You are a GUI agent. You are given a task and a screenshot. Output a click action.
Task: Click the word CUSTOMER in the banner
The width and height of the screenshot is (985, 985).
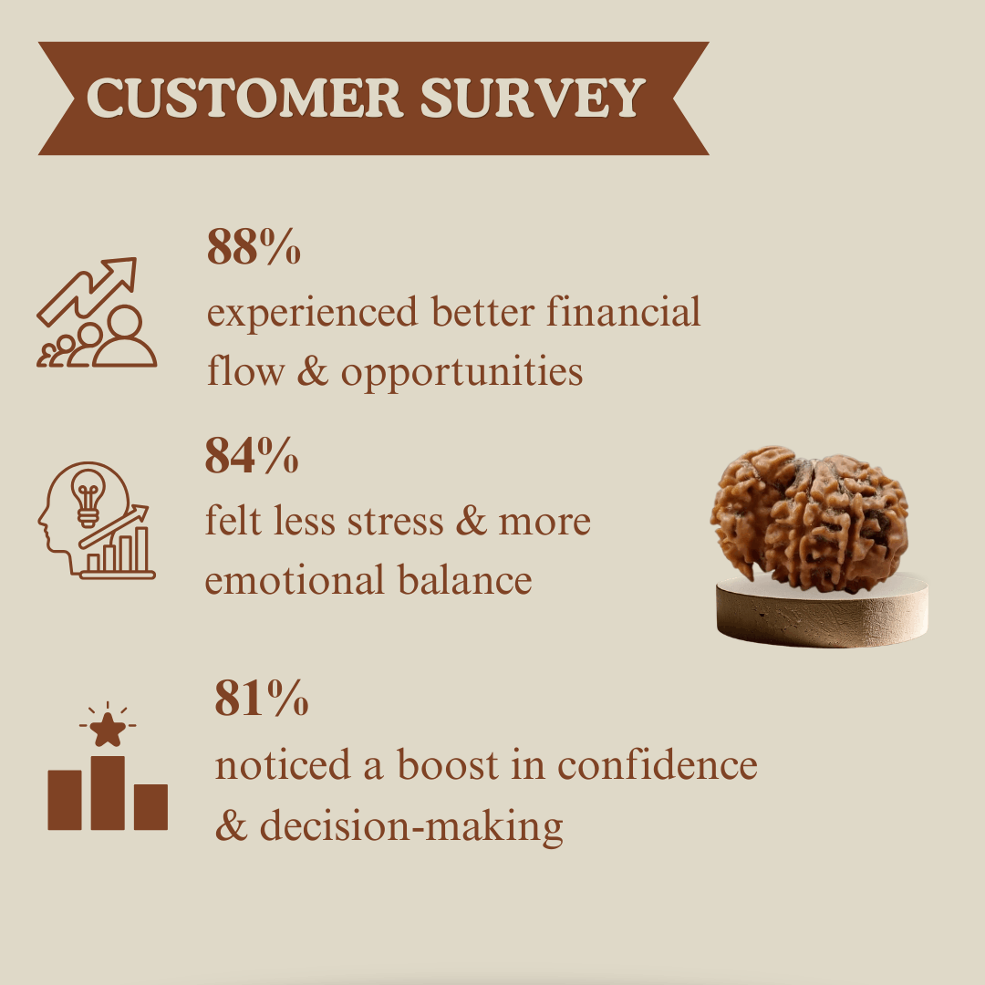point(245,98)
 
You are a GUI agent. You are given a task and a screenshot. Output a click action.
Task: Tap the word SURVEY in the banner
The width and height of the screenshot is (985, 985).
point(533,98)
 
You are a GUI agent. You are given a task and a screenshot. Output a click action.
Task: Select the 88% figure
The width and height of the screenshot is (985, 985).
point(254,246)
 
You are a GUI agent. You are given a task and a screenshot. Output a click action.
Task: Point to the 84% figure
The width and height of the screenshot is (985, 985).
point(252,455)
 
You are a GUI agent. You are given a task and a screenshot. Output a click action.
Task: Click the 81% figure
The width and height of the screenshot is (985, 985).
point(262,698)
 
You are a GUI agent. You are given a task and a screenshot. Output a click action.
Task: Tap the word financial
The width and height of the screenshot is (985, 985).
point(623,311)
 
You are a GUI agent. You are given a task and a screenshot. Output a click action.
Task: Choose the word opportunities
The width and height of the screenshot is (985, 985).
point(461,372)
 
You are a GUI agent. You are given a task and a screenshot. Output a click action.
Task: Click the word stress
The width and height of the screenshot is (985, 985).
point(395,522)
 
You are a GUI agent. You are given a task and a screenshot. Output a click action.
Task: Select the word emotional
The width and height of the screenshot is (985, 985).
point(295,579)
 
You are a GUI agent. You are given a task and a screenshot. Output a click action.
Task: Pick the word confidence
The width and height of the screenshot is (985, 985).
point(657,764)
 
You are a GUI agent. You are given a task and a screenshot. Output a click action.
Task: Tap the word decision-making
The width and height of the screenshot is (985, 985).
point(410,825)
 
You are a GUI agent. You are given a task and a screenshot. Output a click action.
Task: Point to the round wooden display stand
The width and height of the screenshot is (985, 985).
point(823,613)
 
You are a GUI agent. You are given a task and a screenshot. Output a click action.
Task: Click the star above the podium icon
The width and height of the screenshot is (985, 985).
point(108,730)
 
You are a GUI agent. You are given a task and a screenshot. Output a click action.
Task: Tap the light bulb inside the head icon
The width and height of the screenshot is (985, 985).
point(88,497)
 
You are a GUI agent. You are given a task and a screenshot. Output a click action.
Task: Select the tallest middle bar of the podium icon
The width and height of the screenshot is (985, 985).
point(108,793)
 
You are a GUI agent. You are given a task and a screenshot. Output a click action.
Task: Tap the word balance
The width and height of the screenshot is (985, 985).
point(465,579)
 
